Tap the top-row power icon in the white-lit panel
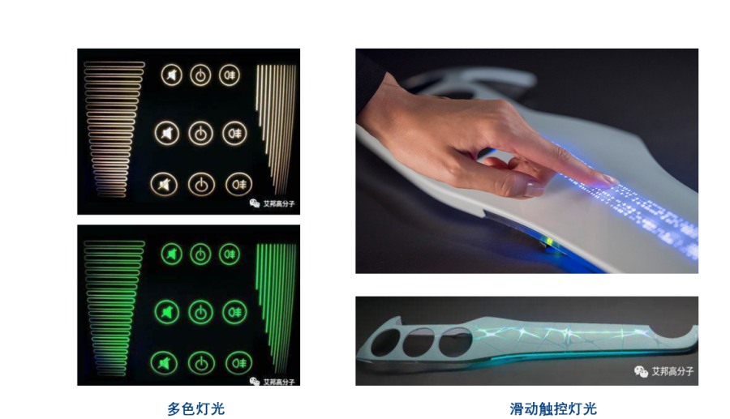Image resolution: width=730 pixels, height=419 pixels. point(200,75)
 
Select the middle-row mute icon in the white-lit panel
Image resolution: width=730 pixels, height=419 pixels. point(167,132)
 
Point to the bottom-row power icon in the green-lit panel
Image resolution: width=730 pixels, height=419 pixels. point(200,362)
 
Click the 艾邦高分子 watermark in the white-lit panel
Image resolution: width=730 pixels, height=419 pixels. point(273,203)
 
